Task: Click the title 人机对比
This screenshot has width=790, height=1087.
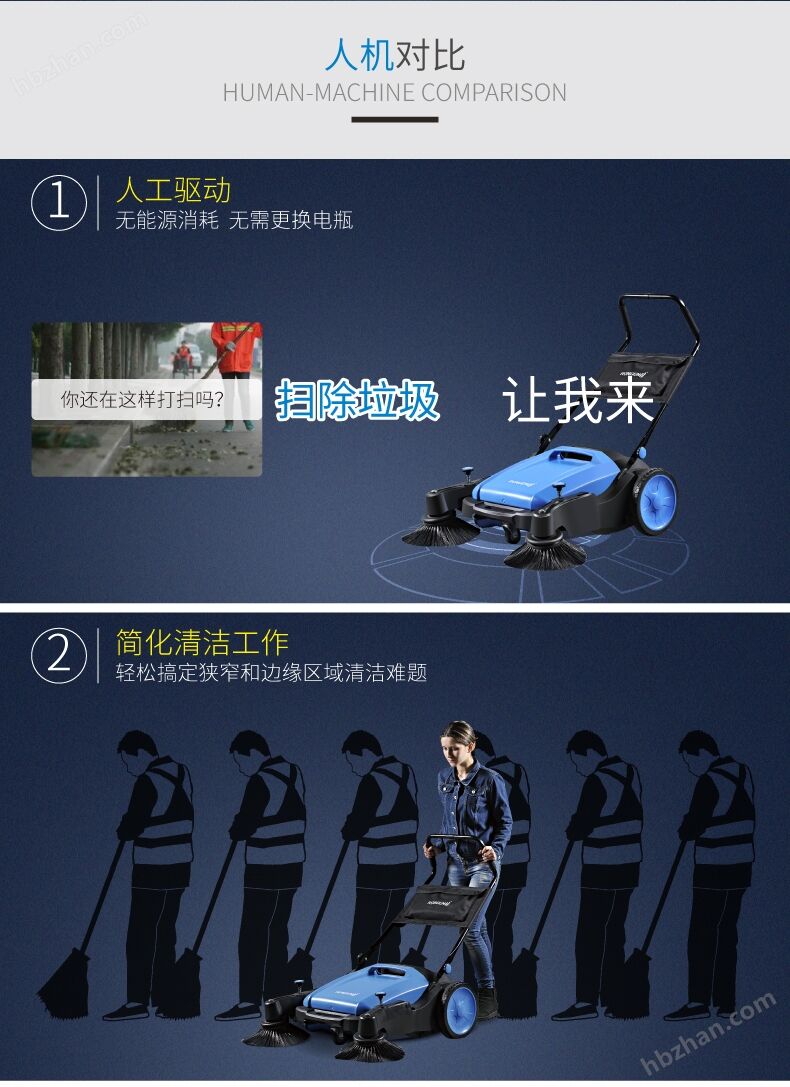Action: (x=395, y=55)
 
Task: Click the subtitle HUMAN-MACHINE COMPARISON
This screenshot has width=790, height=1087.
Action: (x=395, y=92)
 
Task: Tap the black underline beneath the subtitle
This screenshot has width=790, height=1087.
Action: (x=395, y=120)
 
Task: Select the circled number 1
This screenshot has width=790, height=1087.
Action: (x=59, y=203)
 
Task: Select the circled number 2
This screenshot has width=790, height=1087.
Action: (x=59, y=655)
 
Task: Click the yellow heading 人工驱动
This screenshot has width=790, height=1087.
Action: (x=173, y=190)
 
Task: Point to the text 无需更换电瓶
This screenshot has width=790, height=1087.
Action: (x=291, y=220)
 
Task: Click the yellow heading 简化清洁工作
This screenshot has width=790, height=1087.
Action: (x=202, y=643)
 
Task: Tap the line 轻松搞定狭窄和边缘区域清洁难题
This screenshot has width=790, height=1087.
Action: (x=271, y=672)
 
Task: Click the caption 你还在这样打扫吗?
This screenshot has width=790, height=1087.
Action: (x=142, y=399)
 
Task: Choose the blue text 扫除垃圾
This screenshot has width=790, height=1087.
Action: (x=357, y=401)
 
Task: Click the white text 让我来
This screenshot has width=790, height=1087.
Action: (x=578, y=400)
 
